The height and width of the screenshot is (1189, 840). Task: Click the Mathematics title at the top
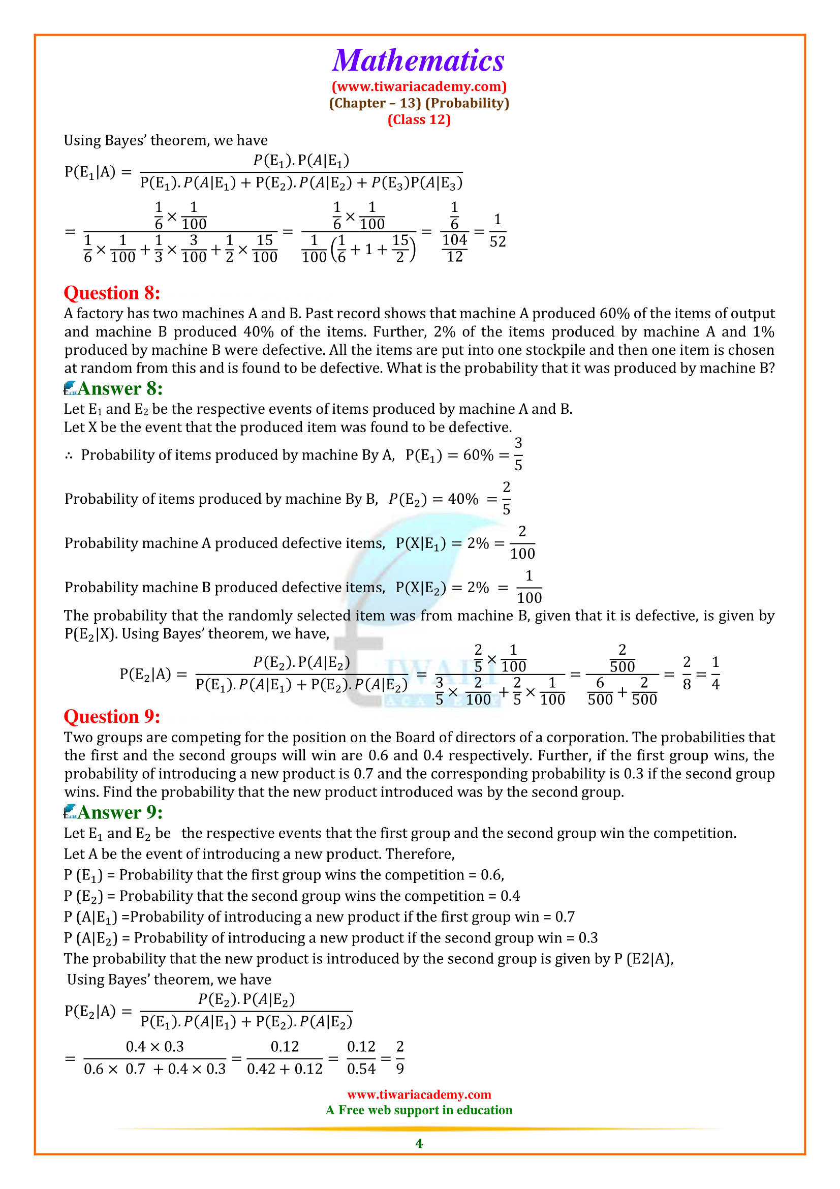pyautogui.click(x=418, y=61)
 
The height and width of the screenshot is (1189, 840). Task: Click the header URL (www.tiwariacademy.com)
pyautogui.click(x=419, y=86)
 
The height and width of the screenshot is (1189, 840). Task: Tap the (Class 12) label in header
pyautogui.click(x=419, y=119)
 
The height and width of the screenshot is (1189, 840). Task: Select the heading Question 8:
pyautogui.click(x=112, y=293)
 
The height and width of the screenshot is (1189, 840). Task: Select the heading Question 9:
pyautogui.click(x=112, y=717)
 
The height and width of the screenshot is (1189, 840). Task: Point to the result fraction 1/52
pyautogui.click(x=497, y=231)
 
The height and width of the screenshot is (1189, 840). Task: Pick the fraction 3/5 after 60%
pyautogui.click(x=518, y=454)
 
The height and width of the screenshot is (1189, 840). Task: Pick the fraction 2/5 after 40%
pyautogui.click(x=506, y=498)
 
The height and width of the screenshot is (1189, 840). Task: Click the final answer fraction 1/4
pyautogui.click(x=716, y=673)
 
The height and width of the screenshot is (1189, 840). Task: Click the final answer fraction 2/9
pyautogui.click(x=399, y=1057)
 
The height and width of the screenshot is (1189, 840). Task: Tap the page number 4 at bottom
pyautogui.click(x=419, y=1143)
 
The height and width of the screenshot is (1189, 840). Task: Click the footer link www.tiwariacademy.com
pyautogui.click(x=419, y=1095)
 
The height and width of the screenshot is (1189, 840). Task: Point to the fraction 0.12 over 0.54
pyautogui.click(x=361, y=1057)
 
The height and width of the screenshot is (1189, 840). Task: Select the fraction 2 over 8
pyautogui.click(x=687, y=673)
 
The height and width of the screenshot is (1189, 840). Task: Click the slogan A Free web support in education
pyautogui.click(x=419, y=1110)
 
